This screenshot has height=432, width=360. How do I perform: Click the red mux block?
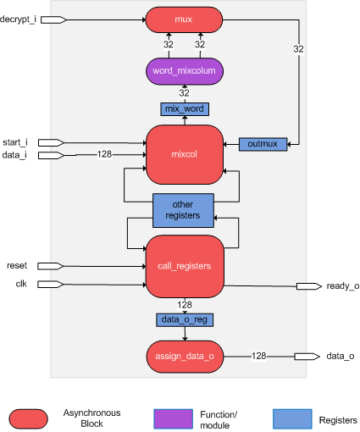(184, 19)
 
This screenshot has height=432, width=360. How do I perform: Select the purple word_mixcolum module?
(185, 71)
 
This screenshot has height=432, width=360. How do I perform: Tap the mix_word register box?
(185, 109)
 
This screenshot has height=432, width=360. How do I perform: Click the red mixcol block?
(185, 154)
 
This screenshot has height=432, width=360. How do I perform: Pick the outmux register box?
(263, 144)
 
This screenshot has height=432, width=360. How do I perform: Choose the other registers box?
(183, 210)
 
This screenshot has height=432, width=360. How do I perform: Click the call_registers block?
(185, 266)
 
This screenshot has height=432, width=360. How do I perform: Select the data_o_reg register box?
(185, 320)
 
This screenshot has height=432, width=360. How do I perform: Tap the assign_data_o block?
(185, 357)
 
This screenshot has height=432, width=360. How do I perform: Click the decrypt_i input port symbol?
(53, 19)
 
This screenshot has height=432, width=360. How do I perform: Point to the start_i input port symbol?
(51, 142)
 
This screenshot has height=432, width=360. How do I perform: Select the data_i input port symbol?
(51, 155)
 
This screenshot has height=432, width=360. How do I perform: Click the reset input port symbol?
(51, 266)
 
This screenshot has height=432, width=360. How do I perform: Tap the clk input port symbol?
(51, 284)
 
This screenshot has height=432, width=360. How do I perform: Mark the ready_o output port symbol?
(309, 286)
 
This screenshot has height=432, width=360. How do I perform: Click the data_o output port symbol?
(307, 357)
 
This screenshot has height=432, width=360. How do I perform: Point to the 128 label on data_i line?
(104, 154)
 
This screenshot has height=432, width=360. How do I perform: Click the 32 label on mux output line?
(298, 49)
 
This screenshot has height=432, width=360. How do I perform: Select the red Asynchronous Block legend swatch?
(28, 418)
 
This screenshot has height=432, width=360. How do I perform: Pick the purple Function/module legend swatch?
(174, 418)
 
